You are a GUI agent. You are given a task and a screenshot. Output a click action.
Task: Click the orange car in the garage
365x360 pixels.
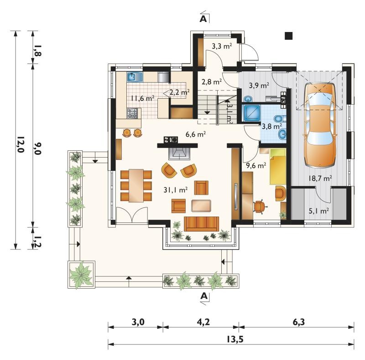coord(320,125)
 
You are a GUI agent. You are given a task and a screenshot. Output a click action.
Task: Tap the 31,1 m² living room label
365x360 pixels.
coord(176,190)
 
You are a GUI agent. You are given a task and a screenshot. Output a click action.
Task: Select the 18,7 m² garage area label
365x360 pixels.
coord(320,178)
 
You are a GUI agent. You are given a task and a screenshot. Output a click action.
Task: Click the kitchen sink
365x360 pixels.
coord(135,77)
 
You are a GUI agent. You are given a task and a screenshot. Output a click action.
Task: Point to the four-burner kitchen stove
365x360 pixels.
coord(132,113)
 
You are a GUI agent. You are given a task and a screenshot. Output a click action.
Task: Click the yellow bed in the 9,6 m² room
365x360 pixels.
coord(278,166)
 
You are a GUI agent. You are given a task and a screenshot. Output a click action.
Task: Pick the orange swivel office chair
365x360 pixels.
coord(259,206)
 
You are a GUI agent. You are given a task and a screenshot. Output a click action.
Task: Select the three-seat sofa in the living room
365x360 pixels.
coord(201,223)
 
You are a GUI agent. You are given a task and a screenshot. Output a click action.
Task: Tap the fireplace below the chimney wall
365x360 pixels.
coord(179,154)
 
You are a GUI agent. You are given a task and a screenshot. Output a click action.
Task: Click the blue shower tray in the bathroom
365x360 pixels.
coord(251,113)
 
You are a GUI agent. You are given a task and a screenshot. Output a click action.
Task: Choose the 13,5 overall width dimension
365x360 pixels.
coord(235,339)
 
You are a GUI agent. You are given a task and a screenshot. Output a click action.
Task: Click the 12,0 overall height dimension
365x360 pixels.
coord(21,144)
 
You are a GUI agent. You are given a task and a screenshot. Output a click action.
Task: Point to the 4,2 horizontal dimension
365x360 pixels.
coord(203,322)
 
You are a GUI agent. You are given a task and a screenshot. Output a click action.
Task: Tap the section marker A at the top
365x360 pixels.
coord(203,19)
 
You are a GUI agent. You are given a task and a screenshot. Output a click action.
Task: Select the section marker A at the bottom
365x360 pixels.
coord(203,296)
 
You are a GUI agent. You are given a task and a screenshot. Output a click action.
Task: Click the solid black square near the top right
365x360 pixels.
coord(289,36)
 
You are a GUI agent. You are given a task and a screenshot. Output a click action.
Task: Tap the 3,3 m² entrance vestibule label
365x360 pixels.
coord(222,46)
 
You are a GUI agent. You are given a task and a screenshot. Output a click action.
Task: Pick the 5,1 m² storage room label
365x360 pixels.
coord(318,211)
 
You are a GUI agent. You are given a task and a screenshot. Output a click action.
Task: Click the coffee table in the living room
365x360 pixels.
coord(201,206)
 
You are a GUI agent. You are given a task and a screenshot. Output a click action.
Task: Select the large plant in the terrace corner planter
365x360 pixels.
coord(81,275)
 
